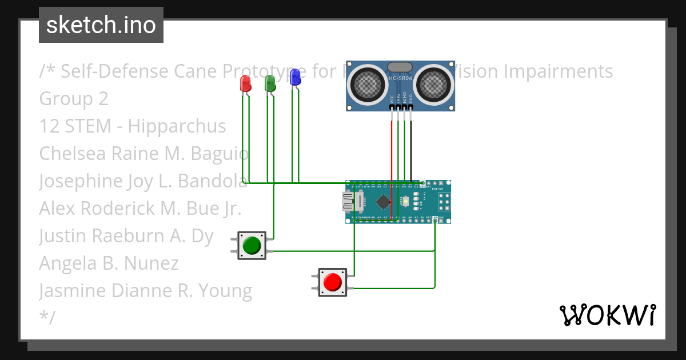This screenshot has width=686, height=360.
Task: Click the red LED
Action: coord(245,83)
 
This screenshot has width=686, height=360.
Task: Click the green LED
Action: coord(270,83)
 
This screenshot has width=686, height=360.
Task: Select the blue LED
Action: coord(295,77)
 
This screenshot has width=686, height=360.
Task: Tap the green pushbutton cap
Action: coord(252,246)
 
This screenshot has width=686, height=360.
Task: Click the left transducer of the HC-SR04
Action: coord(368,85)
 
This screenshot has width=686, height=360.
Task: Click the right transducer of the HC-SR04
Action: coord(433,85)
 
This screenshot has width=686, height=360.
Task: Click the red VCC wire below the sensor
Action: coord(392,149)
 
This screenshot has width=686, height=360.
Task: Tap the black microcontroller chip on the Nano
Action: coord(382,202)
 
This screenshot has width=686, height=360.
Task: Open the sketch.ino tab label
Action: coord(101,25)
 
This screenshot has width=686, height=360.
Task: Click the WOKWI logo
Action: coord(607,315)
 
